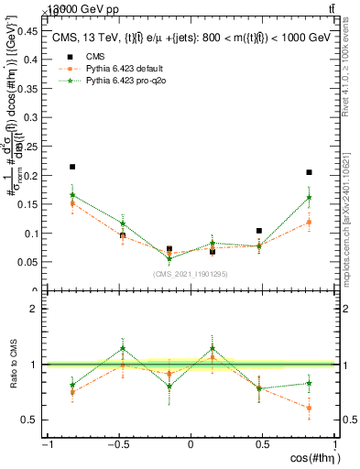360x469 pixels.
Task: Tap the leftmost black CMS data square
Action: (x=72, y=167)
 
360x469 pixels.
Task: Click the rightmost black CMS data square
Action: (x=310, y=172)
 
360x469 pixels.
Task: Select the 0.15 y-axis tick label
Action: (x=27, y=204)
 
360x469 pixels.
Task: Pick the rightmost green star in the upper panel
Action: (x=310, y=197)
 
